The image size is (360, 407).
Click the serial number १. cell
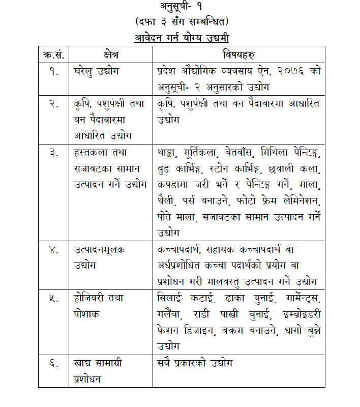[x=53, y=71]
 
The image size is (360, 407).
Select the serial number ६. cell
[x=53, y=364]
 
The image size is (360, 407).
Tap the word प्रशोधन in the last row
[x=87, y=380]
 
